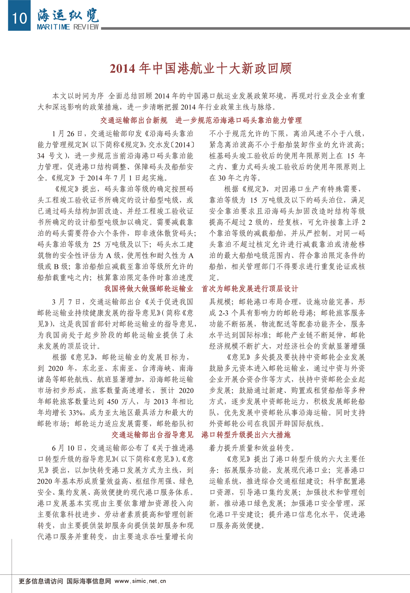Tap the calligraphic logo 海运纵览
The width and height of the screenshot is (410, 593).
(x=68, y=15)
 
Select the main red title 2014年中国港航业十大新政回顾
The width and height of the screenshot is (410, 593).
(x=201, y=69)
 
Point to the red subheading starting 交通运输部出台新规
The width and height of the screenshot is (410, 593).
(x=134, y=120)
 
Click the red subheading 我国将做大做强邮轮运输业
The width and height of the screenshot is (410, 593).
(x=149, y=289)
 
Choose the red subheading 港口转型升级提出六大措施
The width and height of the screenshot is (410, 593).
(x=246, y=435)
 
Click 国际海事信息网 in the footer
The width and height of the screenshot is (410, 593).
(x=89, y=581)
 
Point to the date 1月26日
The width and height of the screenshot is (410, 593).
(x=68, y=134)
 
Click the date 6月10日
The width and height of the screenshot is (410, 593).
(x=68, y=448)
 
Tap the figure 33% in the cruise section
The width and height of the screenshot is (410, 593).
(x=76, y=413)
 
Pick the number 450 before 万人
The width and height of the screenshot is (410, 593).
(x=112, y=402)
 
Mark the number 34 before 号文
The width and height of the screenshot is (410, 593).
(x=41, y=156)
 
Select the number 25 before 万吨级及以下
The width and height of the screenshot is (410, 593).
(x=97, y=245)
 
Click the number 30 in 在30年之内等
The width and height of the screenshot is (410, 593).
(x=222, y=178)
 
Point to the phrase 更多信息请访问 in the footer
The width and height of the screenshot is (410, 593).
(x=41, y=581)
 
